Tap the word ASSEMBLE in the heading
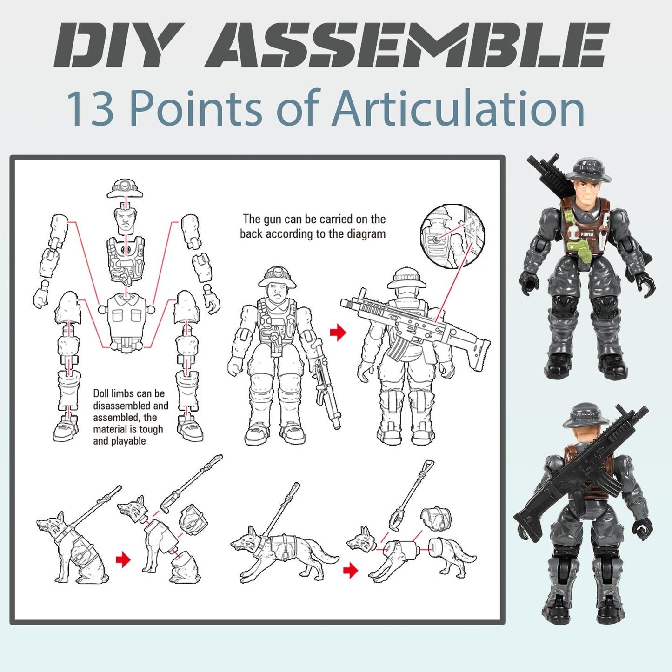(407, 45)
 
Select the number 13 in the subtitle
(90, 109)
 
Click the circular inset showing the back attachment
(452, 236)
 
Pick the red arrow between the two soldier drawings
(338, 333)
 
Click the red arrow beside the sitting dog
(123, 559)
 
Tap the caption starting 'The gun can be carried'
(313, 226)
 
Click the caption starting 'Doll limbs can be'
(130, 417)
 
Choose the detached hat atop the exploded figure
(125, 188)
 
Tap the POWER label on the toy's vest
(586, 234)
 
